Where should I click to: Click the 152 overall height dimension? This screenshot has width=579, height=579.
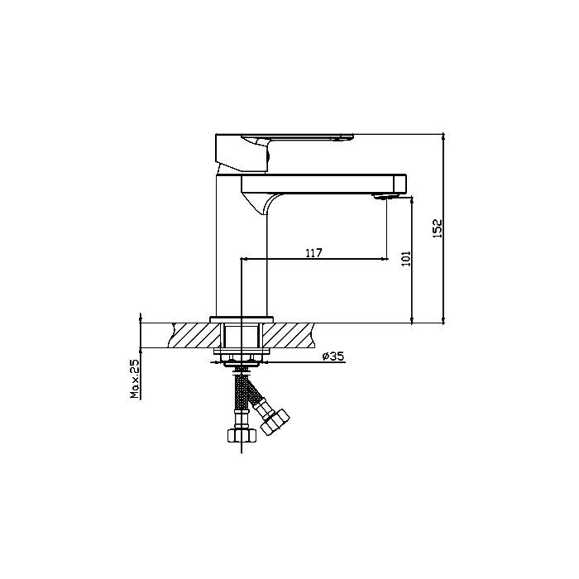pyautogui.click(x=438, y=228)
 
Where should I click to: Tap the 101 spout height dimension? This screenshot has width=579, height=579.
pyautogui.click(x=406, y=258)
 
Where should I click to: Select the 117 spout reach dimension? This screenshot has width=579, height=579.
pyautogui.click(x=313, y=253)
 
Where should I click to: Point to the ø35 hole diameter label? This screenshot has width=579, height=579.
pyautogui.click(x=333, y=356)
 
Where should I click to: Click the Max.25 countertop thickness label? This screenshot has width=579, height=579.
pyautogui.click(x=136, y=379)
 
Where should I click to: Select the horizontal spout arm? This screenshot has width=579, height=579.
pyautogui.click(x=324, y=184)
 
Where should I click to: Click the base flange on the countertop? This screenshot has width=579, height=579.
pyautogui.click(x=242, y=320)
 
